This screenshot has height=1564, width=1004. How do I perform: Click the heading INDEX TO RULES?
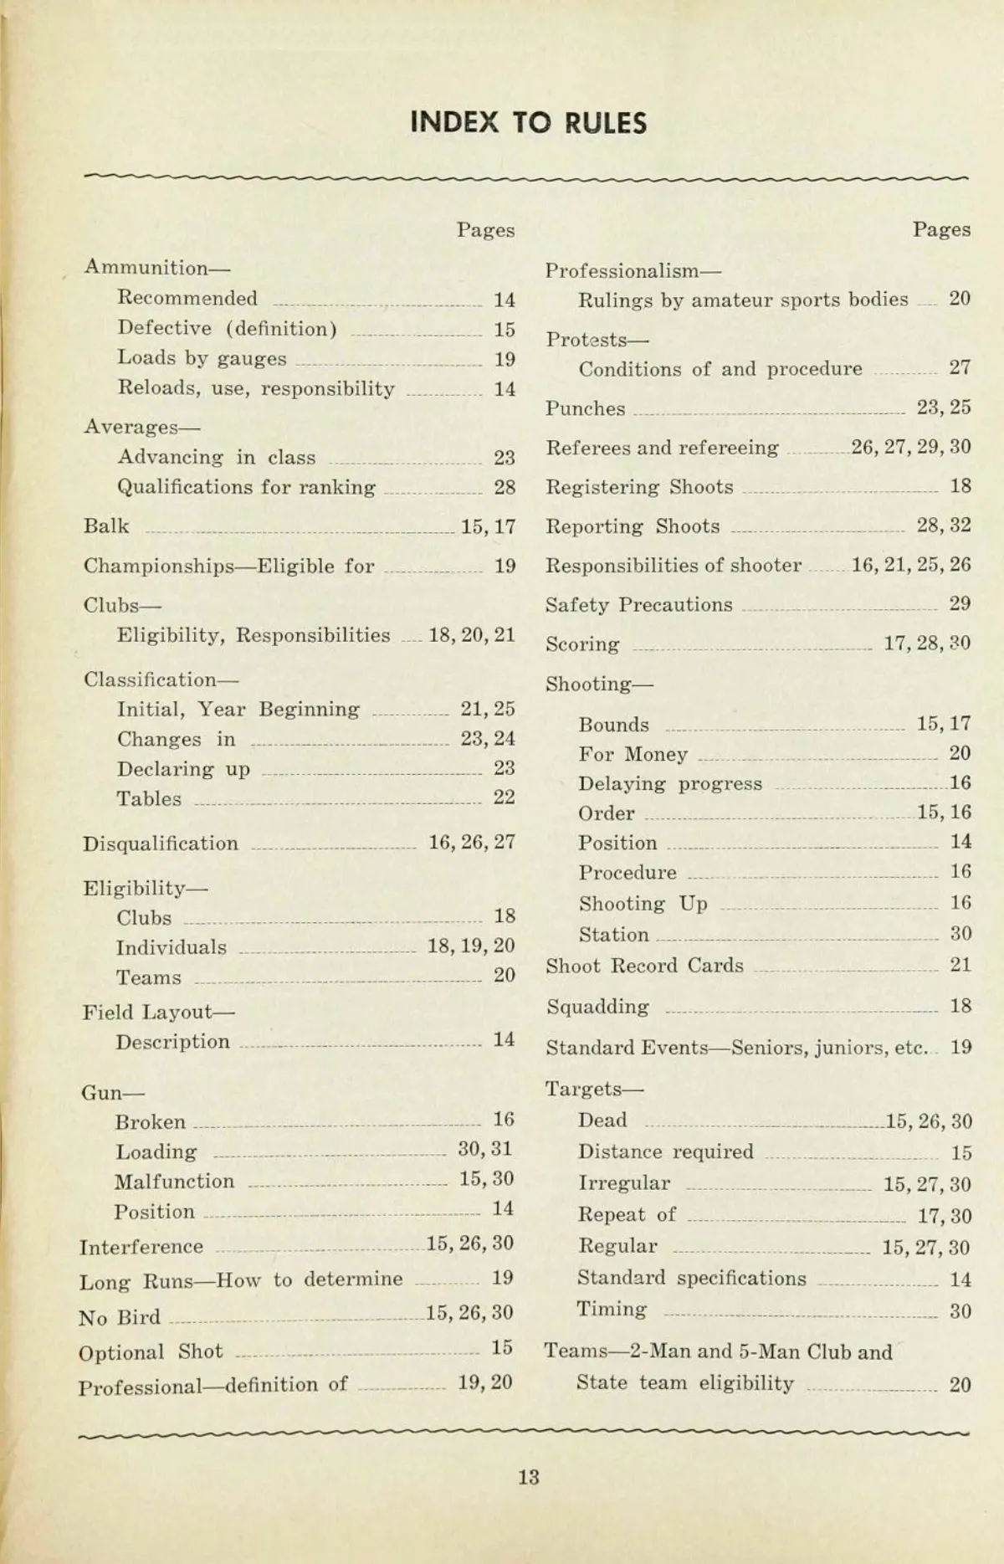[x=528, y=123]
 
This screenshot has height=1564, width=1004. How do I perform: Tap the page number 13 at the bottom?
[x=528, y=1477]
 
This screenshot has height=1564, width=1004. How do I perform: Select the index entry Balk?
[x=106, y=526]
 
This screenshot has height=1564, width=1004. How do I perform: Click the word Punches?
[x=585, y=408]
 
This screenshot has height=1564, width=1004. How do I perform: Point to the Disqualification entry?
[x=160, y=844]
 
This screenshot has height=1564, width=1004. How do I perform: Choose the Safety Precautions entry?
[x=638, y=605]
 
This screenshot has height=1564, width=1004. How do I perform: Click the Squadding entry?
[x=597, y=1007]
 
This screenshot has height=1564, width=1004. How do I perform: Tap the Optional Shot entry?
[x=151, y=1351]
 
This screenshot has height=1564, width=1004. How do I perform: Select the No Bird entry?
[x=119, y=1317]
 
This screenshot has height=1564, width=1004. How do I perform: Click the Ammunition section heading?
[x=156, y=268]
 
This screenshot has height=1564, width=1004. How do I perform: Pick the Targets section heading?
[x=594, y=1089]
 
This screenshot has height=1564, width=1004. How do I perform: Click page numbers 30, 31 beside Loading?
[x=484, y=1149]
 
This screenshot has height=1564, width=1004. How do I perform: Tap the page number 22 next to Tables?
[x=504, y=797]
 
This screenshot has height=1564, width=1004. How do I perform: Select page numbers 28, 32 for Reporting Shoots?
[x=943, y=526]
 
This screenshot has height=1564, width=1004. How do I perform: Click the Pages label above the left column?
[x=485, y=230]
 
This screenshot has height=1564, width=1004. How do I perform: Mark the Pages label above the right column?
[x=941, y=229]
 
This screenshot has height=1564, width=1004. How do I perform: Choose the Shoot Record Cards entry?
[x=644, y=966]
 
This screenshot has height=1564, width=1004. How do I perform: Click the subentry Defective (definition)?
[x=227, y=329]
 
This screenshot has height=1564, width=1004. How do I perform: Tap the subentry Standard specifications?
[x=691, y=1279]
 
